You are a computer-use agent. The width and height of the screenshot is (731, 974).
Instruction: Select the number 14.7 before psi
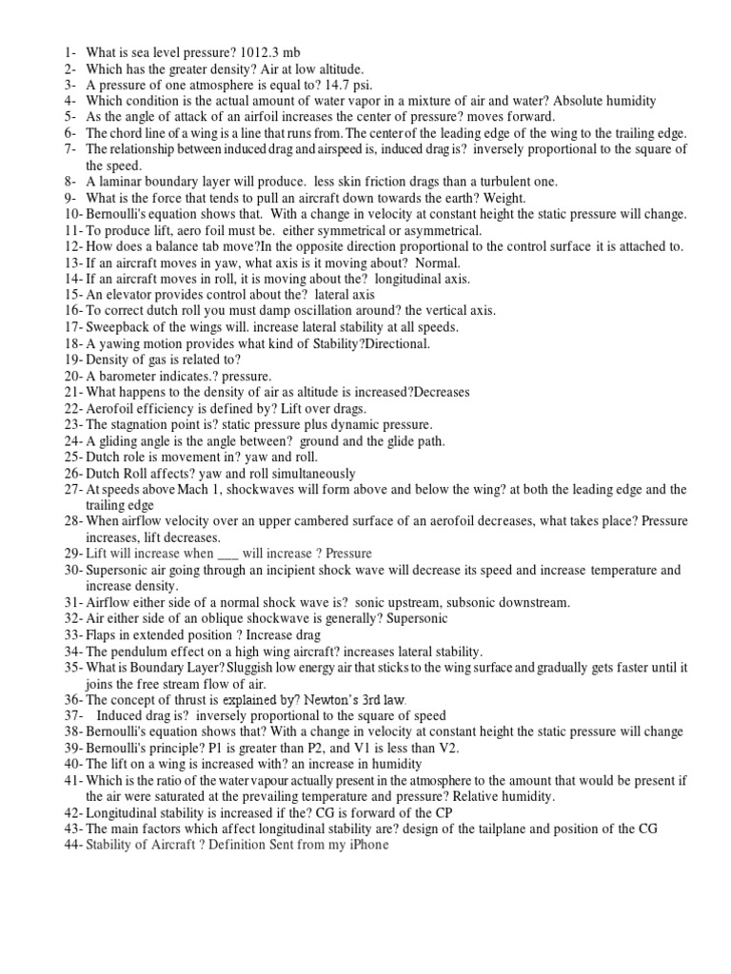(x=311, y=85)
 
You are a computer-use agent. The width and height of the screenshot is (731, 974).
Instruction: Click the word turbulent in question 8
(x=489, y=182)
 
